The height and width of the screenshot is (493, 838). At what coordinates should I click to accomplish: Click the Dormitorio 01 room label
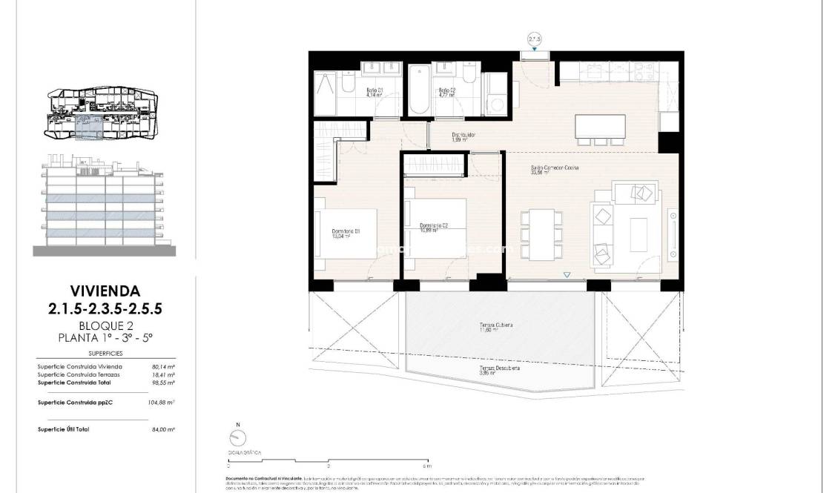click(346, 234)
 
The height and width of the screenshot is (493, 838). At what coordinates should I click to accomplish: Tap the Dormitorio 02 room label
click(433, 228)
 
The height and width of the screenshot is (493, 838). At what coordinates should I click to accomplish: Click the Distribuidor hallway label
click(463, 137)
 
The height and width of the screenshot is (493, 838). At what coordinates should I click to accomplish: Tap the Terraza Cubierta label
click(496, 328)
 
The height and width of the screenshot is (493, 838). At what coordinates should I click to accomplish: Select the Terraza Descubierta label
click(498, 370)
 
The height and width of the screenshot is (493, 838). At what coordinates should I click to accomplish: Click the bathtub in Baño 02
click(419, 90)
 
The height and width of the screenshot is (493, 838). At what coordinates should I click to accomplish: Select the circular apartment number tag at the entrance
click(534, 39)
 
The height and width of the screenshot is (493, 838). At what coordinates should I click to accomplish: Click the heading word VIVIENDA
click(105, 291)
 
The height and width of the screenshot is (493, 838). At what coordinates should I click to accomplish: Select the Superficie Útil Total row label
click(63, 429)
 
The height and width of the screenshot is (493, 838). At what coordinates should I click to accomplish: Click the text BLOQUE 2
click(105, 325)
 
